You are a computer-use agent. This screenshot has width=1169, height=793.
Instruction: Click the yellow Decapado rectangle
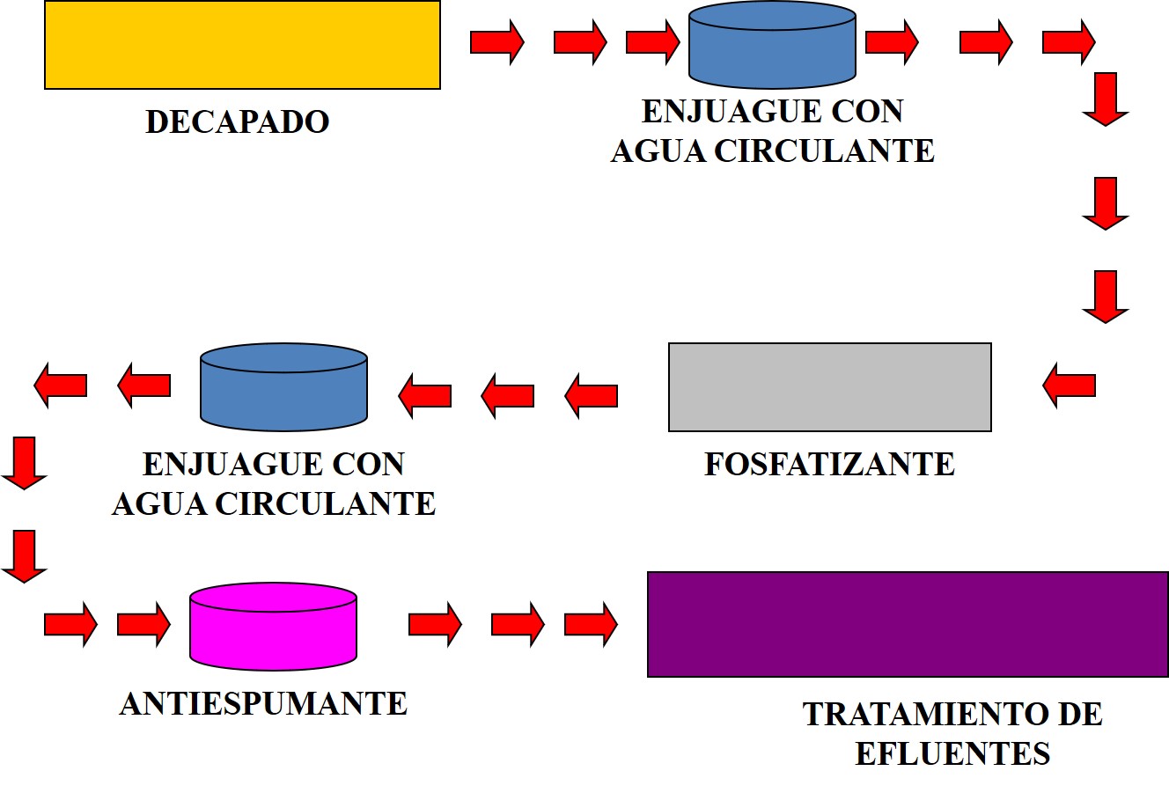point(242,45)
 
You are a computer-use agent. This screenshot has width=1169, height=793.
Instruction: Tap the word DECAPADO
point(237,121)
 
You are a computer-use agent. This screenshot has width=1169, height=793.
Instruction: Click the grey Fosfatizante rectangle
point(829,387)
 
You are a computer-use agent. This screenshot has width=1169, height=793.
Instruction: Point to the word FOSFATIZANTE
point(829,464)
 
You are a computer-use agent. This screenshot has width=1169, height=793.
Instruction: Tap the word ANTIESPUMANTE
point(263,704)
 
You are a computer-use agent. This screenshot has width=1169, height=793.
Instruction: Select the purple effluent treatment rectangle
point(907,624)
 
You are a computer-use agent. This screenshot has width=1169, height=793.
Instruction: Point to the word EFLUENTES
point(952,754)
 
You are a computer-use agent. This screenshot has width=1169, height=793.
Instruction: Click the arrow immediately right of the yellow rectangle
point(496,41)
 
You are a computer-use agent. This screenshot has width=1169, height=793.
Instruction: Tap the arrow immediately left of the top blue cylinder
point(652,41)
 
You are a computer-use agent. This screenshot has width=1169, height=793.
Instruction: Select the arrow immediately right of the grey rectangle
point(1070,385)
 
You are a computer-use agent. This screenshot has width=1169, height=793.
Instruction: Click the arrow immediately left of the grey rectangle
point(592,395)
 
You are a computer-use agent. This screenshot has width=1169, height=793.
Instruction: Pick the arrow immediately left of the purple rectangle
point(591,624)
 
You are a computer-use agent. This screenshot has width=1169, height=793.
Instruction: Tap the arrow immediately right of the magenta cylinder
point(435,624)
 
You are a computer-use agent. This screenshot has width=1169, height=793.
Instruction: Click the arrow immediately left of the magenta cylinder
point(143,624)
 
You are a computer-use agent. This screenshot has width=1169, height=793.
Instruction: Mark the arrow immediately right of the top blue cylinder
point(892,41)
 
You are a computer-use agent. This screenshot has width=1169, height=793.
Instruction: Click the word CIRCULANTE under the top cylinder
point(824,151)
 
